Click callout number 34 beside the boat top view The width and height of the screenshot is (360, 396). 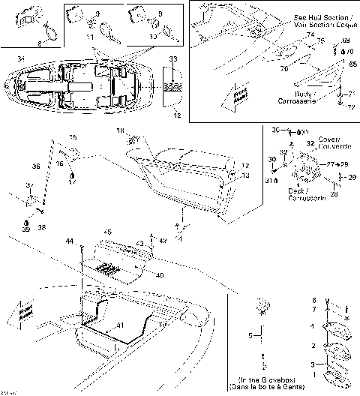20,59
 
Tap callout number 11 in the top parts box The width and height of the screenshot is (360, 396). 89,36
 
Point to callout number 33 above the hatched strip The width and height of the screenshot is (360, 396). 172,58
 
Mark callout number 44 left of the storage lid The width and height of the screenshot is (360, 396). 70,241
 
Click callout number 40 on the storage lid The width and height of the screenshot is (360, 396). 159,275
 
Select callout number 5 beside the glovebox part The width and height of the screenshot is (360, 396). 252,335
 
